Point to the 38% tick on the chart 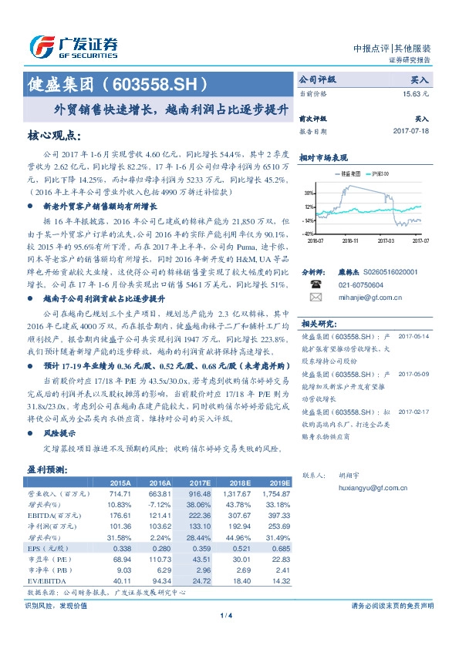pyautogui.click(x=309, y=193)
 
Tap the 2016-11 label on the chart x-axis pyautogui.click(x=349, y=240)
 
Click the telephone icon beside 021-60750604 pyautogui.click(x=315, y=283)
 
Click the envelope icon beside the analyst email pyautogui.click(x=315, y=296)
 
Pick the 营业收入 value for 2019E pyautogui.click(x=275, y=493)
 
